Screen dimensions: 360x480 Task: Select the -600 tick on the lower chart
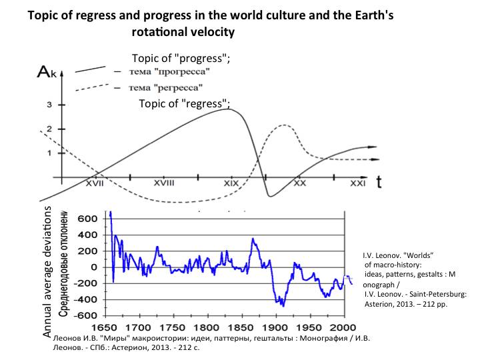tap(85, 315)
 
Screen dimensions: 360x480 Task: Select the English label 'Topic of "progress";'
tap(181, 58)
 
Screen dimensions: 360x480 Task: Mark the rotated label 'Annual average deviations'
tap(47, 273)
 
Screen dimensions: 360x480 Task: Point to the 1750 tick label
tap(173, 328)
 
